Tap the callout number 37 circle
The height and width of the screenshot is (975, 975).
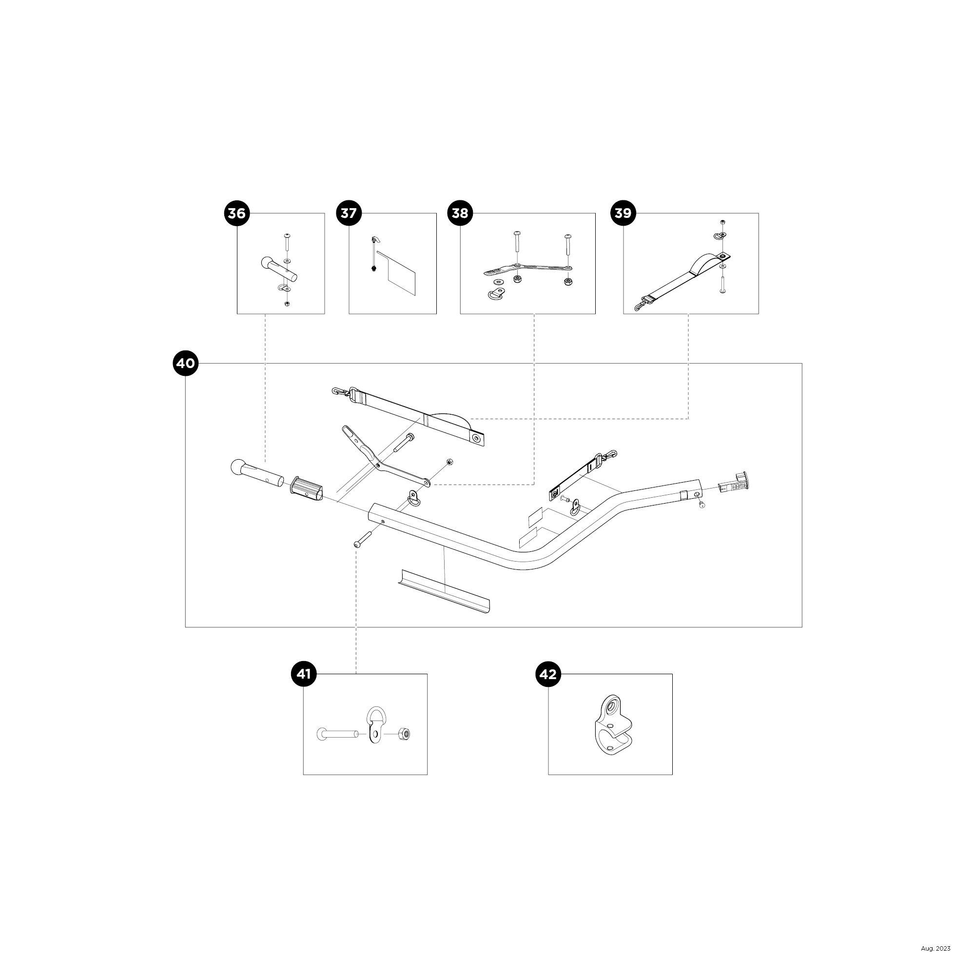[x=349, y=213]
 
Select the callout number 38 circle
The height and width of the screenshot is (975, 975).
[x=460, y=213]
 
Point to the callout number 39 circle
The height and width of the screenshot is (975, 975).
[x=623, y=213]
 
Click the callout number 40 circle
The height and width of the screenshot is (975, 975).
[x=185, y=363]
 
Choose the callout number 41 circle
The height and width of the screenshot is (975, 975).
[x=303, y=674]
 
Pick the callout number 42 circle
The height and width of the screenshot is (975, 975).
[x=548, y=674]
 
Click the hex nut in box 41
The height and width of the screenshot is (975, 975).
[x=404, y=733]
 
